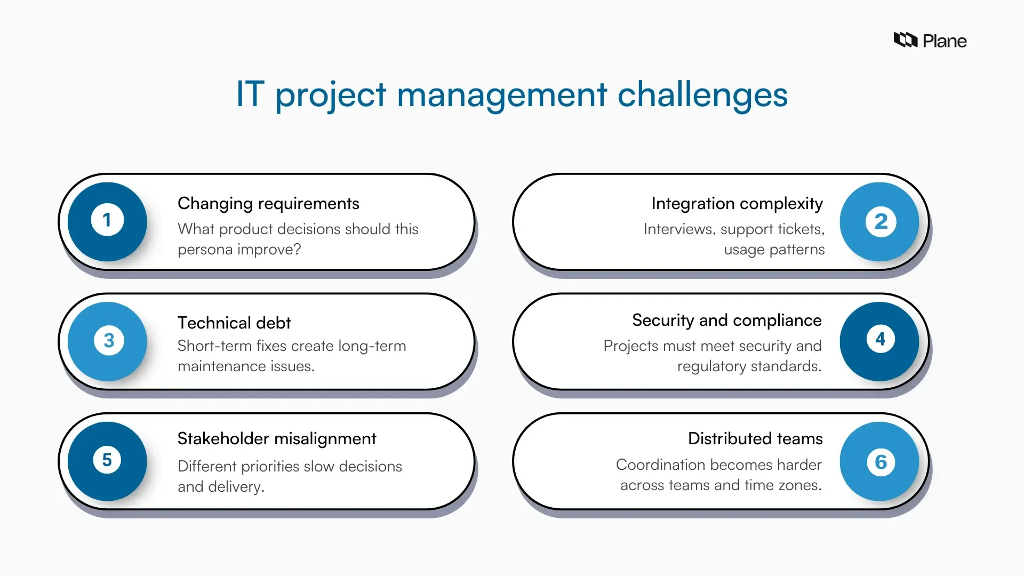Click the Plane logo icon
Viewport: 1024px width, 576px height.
point(905,40)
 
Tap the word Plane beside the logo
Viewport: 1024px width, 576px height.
point(944,41)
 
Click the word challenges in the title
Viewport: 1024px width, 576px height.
point(702,95)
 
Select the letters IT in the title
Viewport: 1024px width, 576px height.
point(250,94)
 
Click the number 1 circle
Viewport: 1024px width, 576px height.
point(107,221)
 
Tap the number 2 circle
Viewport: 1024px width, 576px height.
point(880,221)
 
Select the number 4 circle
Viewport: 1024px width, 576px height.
point(880,341)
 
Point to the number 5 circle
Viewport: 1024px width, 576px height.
point(107,461)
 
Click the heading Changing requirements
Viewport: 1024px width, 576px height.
point(268,204)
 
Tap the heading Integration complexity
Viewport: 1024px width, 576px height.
point(737,204)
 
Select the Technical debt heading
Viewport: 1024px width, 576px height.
point(234,323)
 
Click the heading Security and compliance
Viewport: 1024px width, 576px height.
point(726,321)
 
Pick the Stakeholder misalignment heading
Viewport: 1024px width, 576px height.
point(277,439)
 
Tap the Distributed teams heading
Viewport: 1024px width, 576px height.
point(755,439)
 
